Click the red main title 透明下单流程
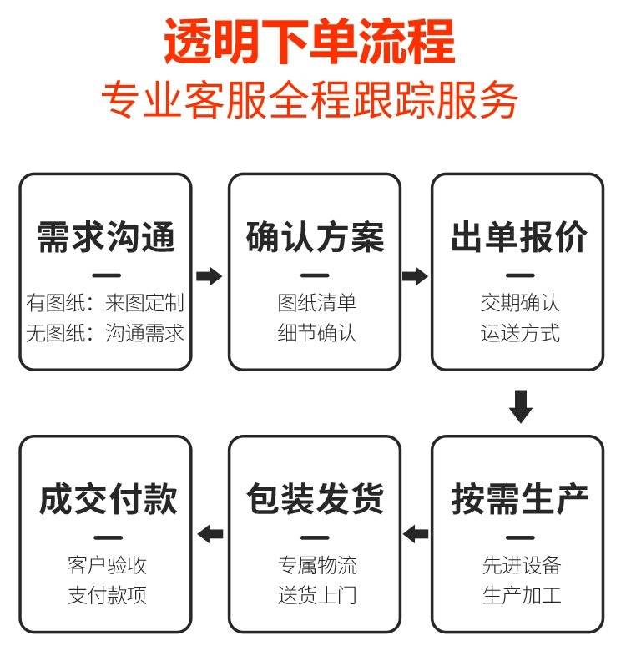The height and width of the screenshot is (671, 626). (309, 42)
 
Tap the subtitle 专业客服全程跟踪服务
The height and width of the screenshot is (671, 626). (310, 100)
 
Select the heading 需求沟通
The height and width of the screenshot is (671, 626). (106, 237)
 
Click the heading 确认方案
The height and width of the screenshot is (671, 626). (315, 237)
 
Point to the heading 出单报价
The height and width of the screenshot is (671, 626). (519, 237)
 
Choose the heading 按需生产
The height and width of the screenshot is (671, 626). (519, 498)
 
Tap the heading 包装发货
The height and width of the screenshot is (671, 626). (315, 498)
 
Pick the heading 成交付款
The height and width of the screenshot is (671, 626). (108, 498)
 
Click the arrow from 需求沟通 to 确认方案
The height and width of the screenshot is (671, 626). (210, 276)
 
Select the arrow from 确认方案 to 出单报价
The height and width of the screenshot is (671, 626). (415, 276)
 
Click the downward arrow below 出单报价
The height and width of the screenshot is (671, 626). (521, 406)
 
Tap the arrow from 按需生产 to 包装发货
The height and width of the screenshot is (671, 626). (416, 533)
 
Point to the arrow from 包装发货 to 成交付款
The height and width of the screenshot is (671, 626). (210, 533)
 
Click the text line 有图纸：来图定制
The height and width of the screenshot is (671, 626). (105, 303)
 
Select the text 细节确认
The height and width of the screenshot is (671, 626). (317, 333)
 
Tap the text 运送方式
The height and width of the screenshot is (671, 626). (520, 333)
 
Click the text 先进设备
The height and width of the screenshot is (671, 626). (522, 565)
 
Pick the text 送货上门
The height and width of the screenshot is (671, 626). (317, 595)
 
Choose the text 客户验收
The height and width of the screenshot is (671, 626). (108, 565)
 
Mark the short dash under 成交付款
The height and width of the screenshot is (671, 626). (108, 538)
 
